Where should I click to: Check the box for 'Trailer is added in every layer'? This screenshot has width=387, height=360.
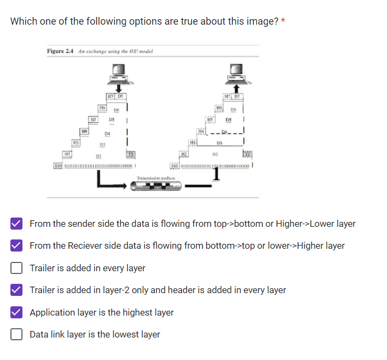tap(16, 268)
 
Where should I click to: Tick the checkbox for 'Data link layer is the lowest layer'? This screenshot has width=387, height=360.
tap(16, 334)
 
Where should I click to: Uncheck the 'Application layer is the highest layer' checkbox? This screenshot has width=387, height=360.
tap(16, 312)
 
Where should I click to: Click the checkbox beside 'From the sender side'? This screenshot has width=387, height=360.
tap(16, 224)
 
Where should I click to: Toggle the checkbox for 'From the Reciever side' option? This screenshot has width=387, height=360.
tap(16, 245)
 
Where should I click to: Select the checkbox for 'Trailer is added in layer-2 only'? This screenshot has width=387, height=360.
tap(16, 290)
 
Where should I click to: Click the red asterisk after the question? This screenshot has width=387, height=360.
tap(283, 21)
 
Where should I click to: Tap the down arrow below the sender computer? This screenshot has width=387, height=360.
tap(118, 89)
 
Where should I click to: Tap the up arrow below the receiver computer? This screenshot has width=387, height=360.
tap(236, 89)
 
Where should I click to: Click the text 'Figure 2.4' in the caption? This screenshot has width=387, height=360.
tap(60, 52)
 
